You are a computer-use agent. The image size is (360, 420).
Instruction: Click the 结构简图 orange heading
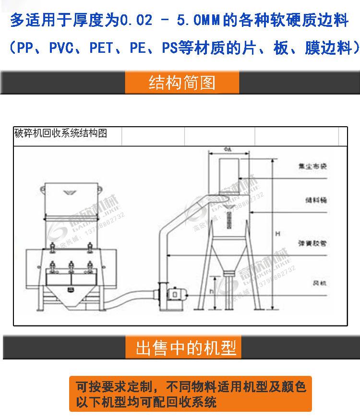click(182, 83)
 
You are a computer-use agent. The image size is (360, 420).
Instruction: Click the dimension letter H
click(277, 234)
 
